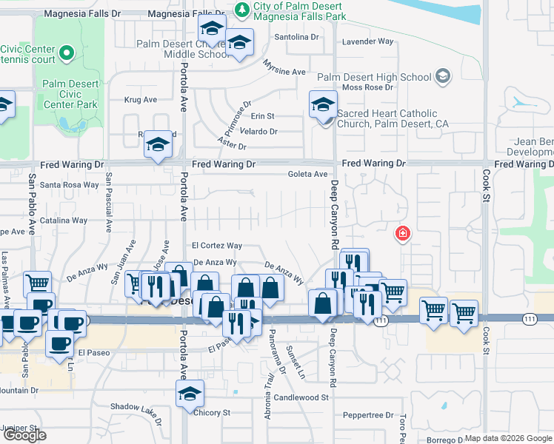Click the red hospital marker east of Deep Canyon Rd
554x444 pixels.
(402, 235)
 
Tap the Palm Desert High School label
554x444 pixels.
(374, 77)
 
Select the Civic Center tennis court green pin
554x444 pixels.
(67, 53)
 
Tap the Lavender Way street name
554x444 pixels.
(367, 41)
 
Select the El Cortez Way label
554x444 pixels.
(217, 246)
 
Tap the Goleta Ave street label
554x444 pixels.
(308, 175)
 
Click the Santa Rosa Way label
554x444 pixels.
(69, 185)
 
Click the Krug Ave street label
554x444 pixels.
(141, 99)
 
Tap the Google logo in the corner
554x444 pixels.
(24, 435)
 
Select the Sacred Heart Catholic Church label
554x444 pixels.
(387, 118)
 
